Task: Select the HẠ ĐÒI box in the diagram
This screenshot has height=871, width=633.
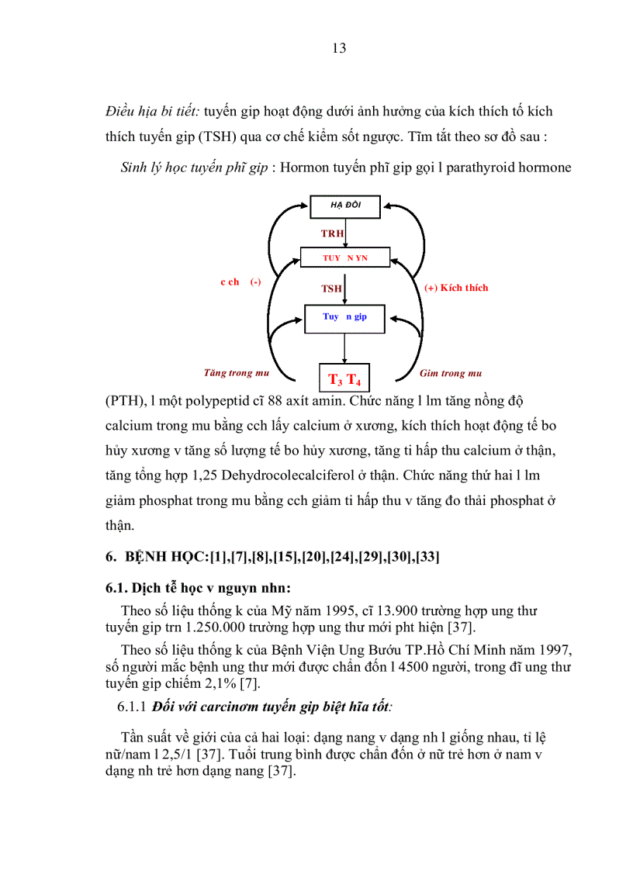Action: (345, 207)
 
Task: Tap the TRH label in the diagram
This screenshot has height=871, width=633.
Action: (333, 233)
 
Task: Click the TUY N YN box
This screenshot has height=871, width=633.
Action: (345, 257)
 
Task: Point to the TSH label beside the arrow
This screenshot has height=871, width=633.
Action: (332, 289)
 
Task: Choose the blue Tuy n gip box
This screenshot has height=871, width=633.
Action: (345, 318)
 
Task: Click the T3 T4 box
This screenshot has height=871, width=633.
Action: (345, 378)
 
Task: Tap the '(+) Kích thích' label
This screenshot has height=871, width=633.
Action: (456, 288)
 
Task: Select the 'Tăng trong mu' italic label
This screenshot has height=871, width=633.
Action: (237, 373)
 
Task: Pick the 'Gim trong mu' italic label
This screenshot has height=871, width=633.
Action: (451, 374)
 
